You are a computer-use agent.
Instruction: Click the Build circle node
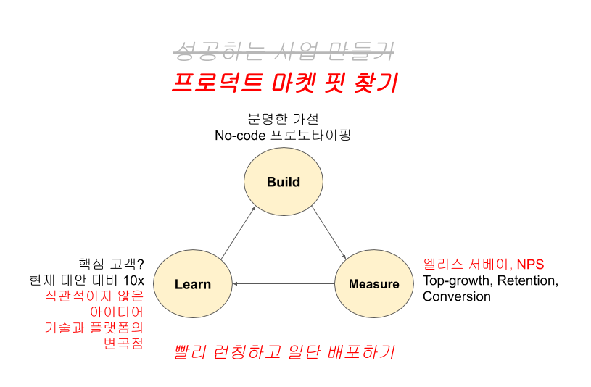(x=283, y=182)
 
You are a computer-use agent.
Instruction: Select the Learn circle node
(x=193, y=284)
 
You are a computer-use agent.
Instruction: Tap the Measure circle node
(x=373, y=284)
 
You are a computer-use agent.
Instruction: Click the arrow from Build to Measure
(x=328, y=233)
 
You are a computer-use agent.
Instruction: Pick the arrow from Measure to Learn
(x=283, y=284)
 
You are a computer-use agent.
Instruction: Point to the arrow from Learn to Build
(x=238, y=233)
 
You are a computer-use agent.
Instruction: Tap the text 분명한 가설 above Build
(x=283, y=118)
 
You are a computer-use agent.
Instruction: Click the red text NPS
(x=530, y=264)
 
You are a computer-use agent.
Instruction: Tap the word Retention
(x=526, y=280)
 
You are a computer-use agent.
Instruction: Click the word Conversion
(x=457, y=296)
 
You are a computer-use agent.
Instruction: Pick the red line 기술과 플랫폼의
(x=94, y=328)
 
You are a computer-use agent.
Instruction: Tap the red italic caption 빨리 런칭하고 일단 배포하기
(x=284, y=352)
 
